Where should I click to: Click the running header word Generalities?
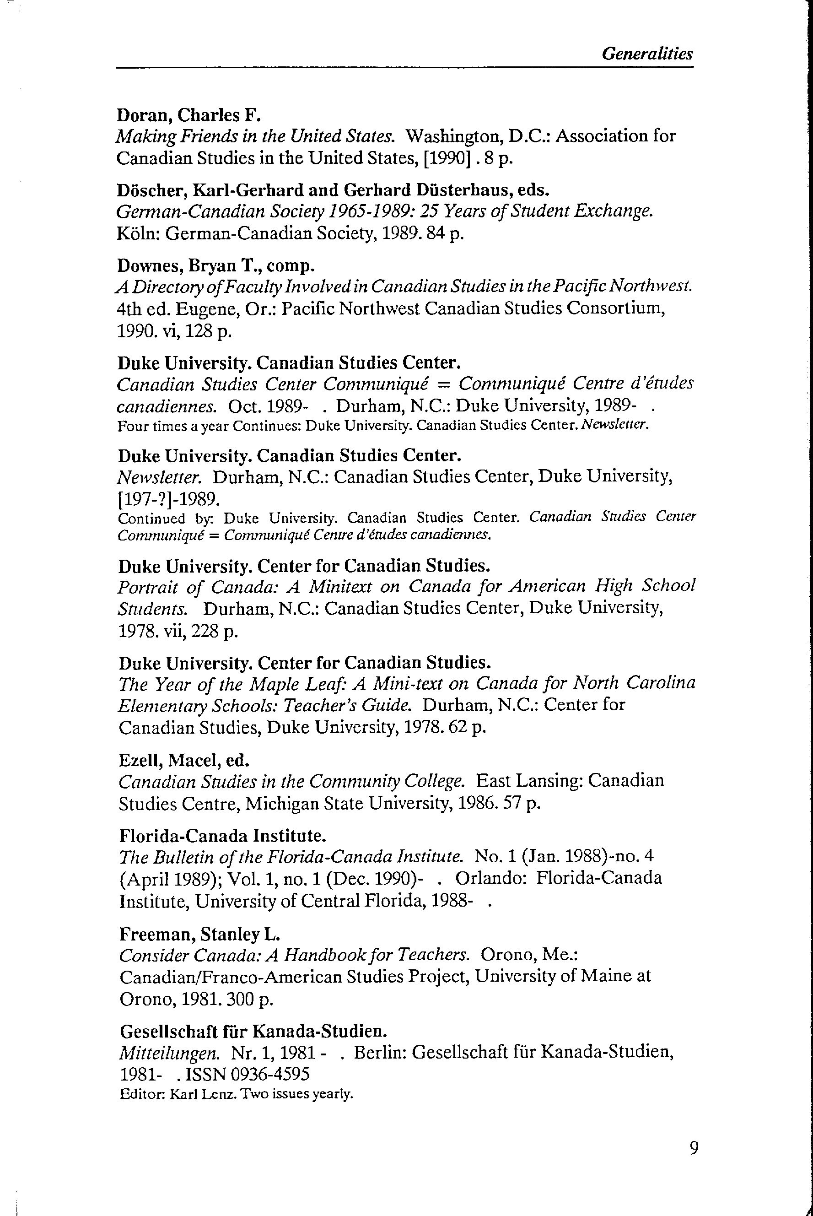(x=647, y=54)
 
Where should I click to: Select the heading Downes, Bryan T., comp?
(x=215, y=265)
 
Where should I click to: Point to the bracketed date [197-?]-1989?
(x=169, y=499)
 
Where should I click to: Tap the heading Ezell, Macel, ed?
(x=184, y=760)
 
